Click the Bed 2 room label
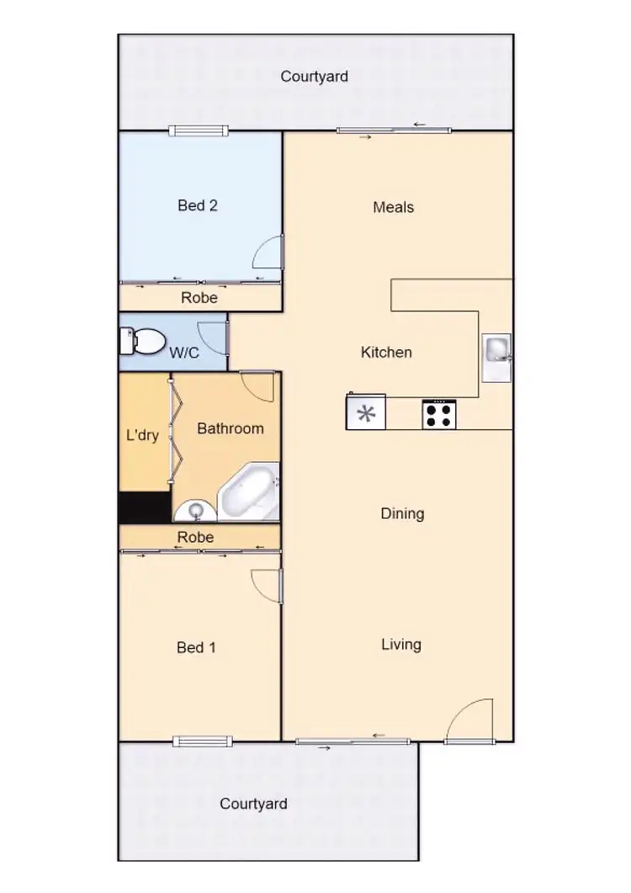click(198, 205)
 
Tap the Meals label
click(394, 207)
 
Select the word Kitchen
click(386, 353)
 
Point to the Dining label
click(402, 513)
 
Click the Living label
click(401, 645)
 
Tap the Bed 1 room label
click(196, 647)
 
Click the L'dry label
click(142, 436)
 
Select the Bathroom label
click(231, 428)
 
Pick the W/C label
click(185, 353)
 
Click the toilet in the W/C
click(143, 342)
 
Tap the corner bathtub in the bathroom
click(248, 493)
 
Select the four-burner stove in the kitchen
click(438, 414)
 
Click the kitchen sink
click(496, 349)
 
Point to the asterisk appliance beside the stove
click(366, 413)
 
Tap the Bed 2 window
click(198, 130)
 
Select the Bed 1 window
click(202, 742)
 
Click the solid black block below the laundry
click(145, 508)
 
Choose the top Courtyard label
click(315, 77)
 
